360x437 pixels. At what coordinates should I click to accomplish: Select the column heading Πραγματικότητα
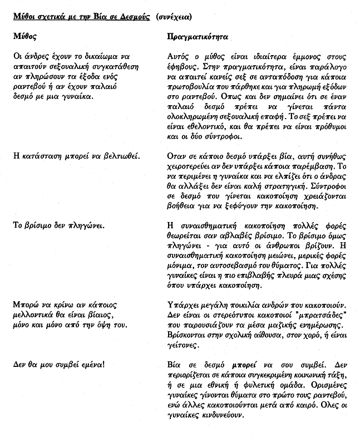[197, 35]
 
